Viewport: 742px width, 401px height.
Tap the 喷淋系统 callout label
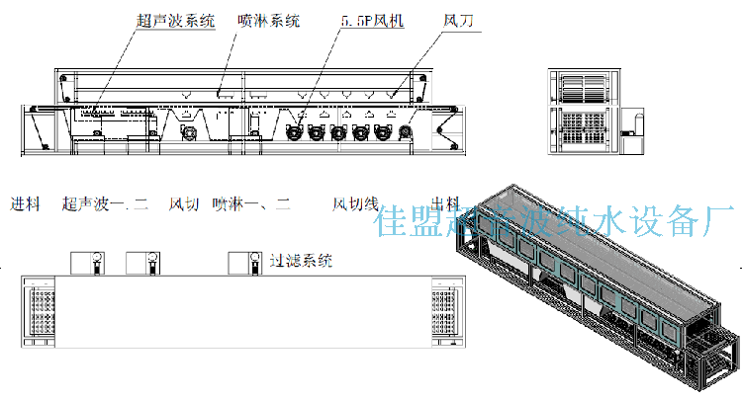pos(269,20)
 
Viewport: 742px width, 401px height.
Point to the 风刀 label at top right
pos(458,20)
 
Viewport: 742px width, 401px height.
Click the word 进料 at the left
pos(25,204)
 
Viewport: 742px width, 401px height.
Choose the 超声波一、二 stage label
pos(104,204)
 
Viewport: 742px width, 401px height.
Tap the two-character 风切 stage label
pos(184,204)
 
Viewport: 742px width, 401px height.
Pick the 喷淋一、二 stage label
pos(251,204)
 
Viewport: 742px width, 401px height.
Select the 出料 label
pos(447,204)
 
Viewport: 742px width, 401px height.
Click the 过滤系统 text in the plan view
pos(301,262)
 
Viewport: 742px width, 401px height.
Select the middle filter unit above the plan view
pos(144,264)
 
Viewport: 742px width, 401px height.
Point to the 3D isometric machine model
pos(594,286)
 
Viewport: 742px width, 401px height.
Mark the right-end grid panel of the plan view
pos(442,314)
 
